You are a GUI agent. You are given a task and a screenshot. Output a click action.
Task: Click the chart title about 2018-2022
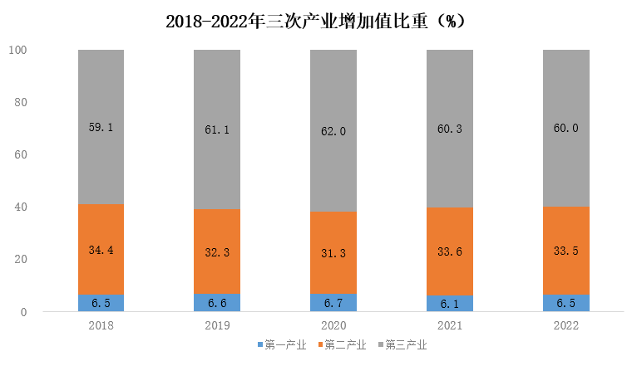click(315, 22)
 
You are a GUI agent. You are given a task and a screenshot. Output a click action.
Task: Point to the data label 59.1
click(101, 128)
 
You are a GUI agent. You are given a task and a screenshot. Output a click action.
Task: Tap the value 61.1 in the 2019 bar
click(217, 129)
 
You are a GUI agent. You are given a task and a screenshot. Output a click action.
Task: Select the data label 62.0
click(333, 130)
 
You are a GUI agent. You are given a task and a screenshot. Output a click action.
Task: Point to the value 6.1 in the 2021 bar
click(450, 305)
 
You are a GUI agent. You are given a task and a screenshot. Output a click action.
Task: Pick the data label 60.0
click(566, 128)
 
